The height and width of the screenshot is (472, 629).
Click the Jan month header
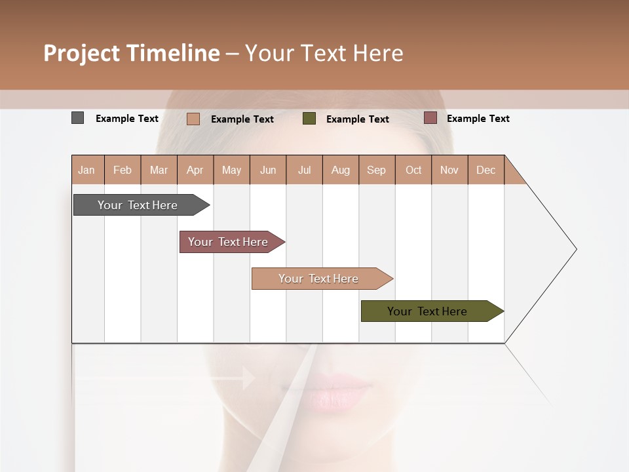pyautogui.click(x=87, y=170)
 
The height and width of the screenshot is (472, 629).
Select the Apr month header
pyautogui.click(x=195, y=170)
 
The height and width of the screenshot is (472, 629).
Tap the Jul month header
pyautogui.click(x=304, y=170)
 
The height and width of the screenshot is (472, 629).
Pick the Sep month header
pyautogui.click(x=377, y=170)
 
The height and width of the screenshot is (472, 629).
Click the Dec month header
pyautogui.click(x=486, y=170)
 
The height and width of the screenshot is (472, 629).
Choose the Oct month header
pyautogui.click(x=413, y=170)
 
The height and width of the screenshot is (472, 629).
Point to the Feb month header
pyautogui.click(x=123, y=170)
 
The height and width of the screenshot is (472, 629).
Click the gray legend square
pyautogui.click(x=77, y=118)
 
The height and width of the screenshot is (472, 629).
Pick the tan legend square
pyautogui.click(x=193, y=119)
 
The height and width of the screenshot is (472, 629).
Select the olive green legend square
pyautogui.click(x=309, y=119)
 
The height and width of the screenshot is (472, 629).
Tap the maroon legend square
pyautogui.click(x=430, y=118)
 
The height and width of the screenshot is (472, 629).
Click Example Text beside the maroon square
pyautogui.click(x=478, y=119)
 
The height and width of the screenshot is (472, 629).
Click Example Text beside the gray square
pyautogui.click(x=127, y=119)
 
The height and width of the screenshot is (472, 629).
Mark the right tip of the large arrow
pyautogui.click(x=575, y=249)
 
